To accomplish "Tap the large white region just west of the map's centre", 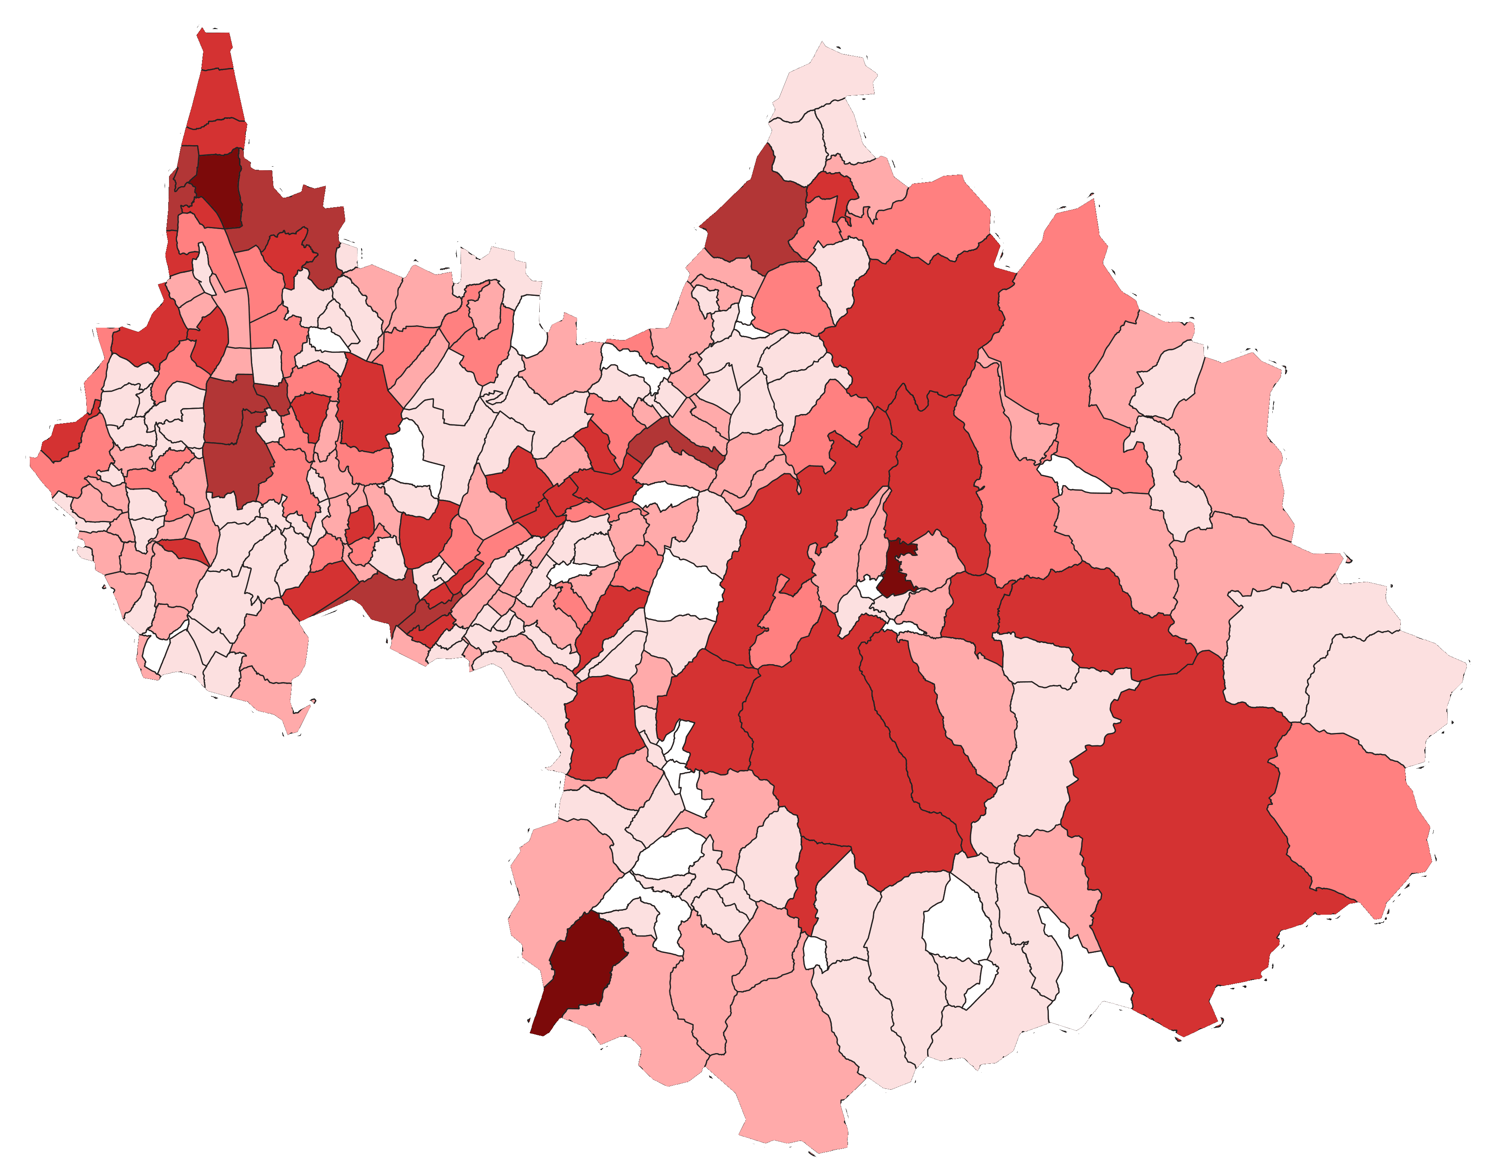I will (x=685, y=585).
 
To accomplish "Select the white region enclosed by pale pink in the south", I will (x=957, y=922).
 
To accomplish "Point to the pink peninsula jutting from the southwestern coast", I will (x=296, y=716).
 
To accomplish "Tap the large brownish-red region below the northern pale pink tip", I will (x=757, y=220).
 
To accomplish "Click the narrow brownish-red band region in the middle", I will (x=671, y=440).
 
